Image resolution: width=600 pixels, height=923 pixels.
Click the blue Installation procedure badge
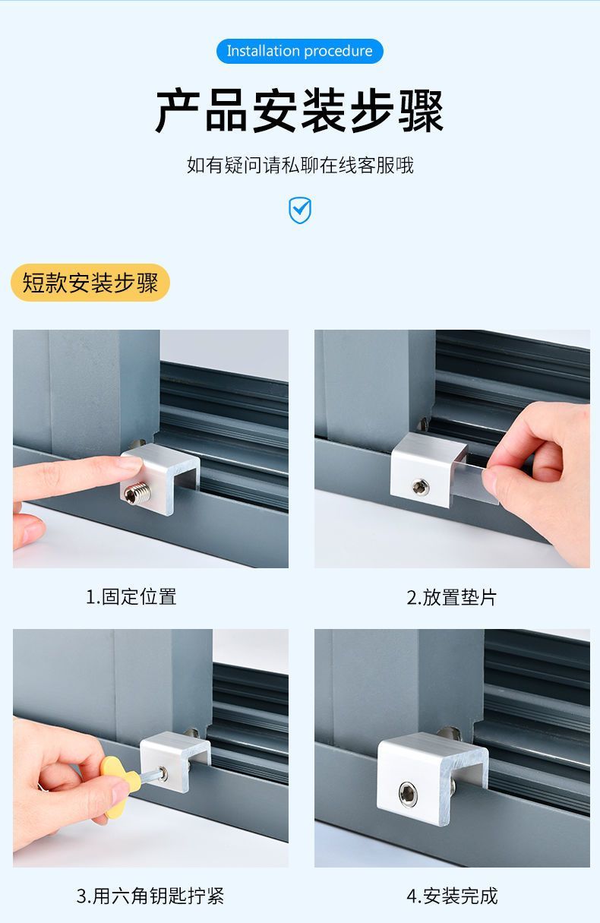click(x=299, y=51)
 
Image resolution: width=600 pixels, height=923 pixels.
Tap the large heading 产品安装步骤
click(x=299, y=110)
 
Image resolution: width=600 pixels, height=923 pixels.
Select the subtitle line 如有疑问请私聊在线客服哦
click(x=300, y=166)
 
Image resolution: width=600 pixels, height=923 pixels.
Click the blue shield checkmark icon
click(x=300, y=210)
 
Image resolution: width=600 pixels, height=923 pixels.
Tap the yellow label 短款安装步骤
click(x=90, y=283)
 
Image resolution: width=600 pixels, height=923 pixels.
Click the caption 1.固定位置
click(x=131, y=596)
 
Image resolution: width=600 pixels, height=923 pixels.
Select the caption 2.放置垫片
click(x=452, y=597)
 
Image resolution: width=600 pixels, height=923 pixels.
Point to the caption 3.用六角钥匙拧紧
click(x=150, y=896)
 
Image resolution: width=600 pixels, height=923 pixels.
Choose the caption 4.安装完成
click(x=452, y=896)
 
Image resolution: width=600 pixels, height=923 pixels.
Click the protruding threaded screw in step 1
click(x=137, y=494)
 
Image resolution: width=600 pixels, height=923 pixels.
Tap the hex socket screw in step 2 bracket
click(x=420, y=487)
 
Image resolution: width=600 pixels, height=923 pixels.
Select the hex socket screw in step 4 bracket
click(x=408, y=794)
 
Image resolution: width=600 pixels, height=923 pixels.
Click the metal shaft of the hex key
click(x=150, y=776)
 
